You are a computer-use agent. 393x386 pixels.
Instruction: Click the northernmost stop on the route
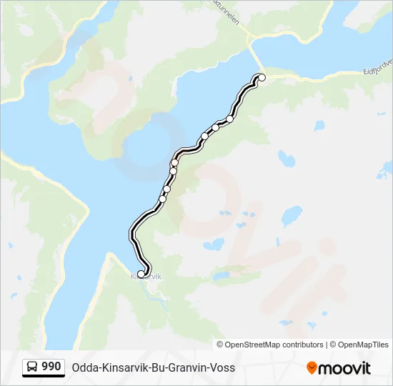[262, 77]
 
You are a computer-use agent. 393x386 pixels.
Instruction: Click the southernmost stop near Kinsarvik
[141, 273]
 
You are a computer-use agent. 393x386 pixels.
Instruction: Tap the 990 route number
[51, 367]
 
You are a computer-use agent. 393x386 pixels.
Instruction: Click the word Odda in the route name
[84, 368]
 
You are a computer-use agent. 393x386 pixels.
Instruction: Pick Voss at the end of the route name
[222, 368]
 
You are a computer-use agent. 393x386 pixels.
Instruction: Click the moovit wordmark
[345, 368]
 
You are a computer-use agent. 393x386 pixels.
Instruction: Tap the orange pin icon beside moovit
[312, 368]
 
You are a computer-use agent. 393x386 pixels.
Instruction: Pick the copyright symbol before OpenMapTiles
[333, 345]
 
